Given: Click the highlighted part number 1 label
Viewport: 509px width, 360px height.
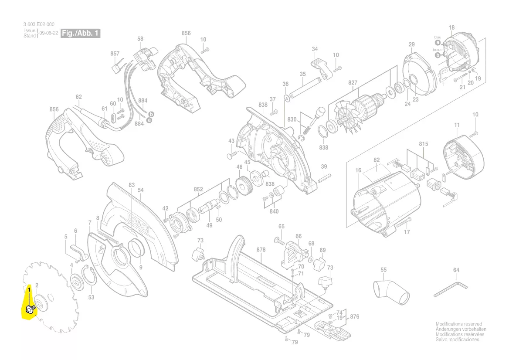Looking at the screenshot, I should [x=29, y=289].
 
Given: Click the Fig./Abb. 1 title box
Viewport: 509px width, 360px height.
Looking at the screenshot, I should [x=81, y=33].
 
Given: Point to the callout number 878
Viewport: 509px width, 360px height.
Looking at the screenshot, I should [x=261, y=250].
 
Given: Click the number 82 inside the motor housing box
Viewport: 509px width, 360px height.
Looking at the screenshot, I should [x=377, y=161].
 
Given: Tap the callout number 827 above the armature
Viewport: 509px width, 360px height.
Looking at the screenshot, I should [x=353, y=82].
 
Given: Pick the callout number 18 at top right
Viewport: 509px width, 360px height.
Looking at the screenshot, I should [x=451, y=28].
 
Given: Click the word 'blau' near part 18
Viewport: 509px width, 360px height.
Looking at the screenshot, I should [x=438, y=37].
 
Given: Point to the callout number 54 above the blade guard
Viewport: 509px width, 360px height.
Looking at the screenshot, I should [x=140, y=190].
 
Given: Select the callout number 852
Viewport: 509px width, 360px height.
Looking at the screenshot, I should [x=198, y=189].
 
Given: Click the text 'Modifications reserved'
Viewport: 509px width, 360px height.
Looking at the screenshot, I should [x=459, y=324].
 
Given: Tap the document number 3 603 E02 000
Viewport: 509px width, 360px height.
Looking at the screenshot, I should [x=39, y=24].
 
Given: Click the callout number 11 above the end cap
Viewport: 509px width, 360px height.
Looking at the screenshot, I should [x=457, y=126].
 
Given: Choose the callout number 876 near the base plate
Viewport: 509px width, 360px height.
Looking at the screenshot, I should [x=354, y=317].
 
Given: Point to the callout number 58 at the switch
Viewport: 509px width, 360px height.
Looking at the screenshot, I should [x=140, y=39].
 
